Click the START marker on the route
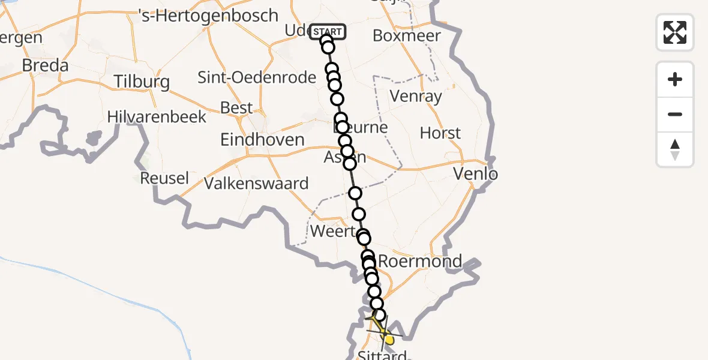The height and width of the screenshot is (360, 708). click(x=328, y=32)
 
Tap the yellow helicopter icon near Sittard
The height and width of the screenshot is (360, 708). click(x=384, y=334)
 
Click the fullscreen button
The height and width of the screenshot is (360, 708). click(x=675, y=32)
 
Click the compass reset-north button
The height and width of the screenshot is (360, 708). click(x=675, y=149)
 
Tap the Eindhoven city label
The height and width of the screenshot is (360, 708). click(x=262, y=140)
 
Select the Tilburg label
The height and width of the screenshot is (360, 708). click(x=142, y=82)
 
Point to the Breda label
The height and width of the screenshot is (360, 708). click(x=44, y=65)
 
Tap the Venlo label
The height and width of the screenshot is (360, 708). click(x=475, y=175)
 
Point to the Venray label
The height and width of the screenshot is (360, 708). click(x=416, y=96)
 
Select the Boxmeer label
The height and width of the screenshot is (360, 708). click(x=407, y=35)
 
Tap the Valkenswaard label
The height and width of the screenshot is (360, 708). click(x=256, y=184)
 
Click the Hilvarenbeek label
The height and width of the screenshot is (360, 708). click(x=157, y=116)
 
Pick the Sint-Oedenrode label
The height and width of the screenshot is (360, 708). click(x=257, y=77)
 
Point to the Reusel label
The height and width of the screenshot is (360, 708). click(x=164, y=178)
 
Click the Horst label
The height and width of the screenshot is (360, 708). click(x=440, y=133)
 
